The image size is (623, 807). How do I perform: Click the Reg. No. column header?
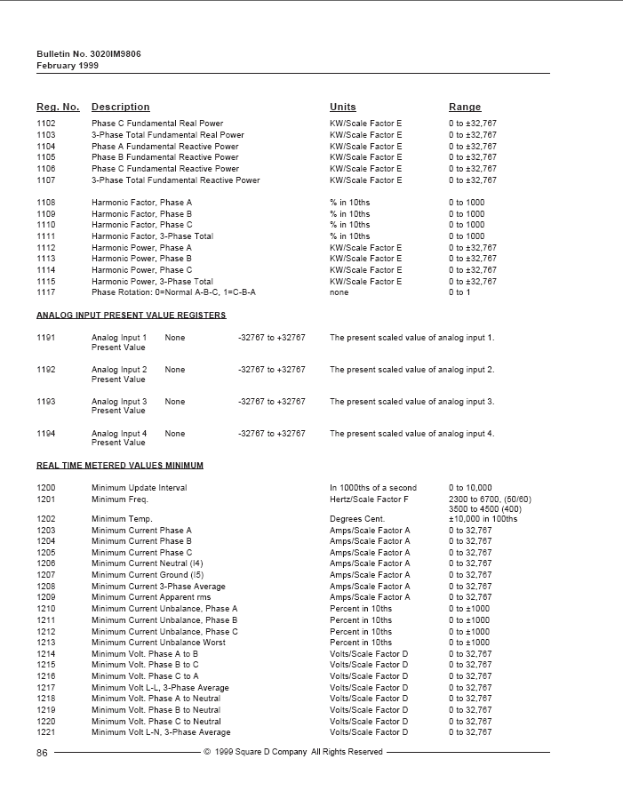pyautogui.click(x=58, y=108)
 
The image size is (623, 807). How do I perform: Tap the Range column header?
pyautogui.click(x=464, y=108)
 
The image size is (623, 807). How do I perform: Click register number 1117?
pyautogui.click(x=46, y=292)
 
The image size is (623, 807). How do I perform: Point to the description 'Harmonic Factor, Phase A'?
pyautogui.click(x=141, y=203)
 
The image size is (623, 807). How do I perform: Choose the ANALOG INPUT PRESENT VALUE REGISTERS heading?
pyautogui.click(x=131, y=316)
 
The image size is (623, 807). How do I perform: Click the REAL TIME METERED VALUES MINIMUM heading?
pyautogui.click(x=120, y=466)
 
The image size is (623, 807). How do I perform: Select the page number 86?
pyautogui.click(x=42, y=752)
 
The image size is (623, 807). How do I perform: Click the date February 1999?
pyautogui.click(x=68, y=66)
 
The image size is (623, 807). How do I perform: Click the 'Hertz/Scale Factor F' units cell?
pyautogui.click(x=369, y=499)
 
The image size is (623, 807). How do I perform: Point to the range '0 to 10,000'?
pyautogui.click(x=470, y=488)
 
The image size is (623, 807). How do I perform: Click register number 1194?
pyautogui.click(x=46, y=434)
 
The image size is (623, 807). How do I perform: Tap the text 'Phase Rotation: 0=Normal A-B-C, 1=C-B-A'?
pyautogui.click(x=173, y=292)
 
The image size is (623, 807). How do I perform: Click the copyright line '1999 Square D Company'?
pyautogui.click(x=294, y=752)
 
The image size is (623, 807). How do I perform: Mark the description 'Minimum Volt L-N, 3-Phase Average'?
pyautogui.click(x=161, y=732)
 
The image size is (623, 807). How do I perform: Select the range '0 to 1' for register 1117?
pyautogui.click(x=459, y=292)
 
